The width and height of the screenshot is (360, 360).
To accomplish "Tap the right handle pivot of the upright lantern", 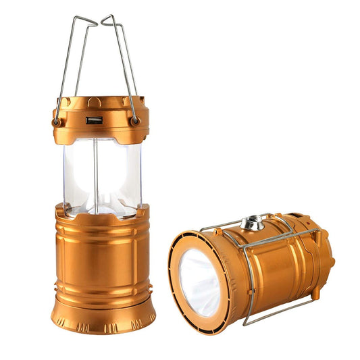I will point(136,121).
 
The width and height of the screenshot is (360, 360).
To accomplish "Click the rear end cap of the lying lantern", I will point(326,257).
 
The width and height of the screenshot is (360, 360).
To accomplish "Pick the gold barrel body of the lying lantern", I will point(277,263).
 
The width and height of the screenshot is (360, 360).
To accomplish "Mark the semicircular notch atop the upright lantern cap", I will point(95,101).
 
